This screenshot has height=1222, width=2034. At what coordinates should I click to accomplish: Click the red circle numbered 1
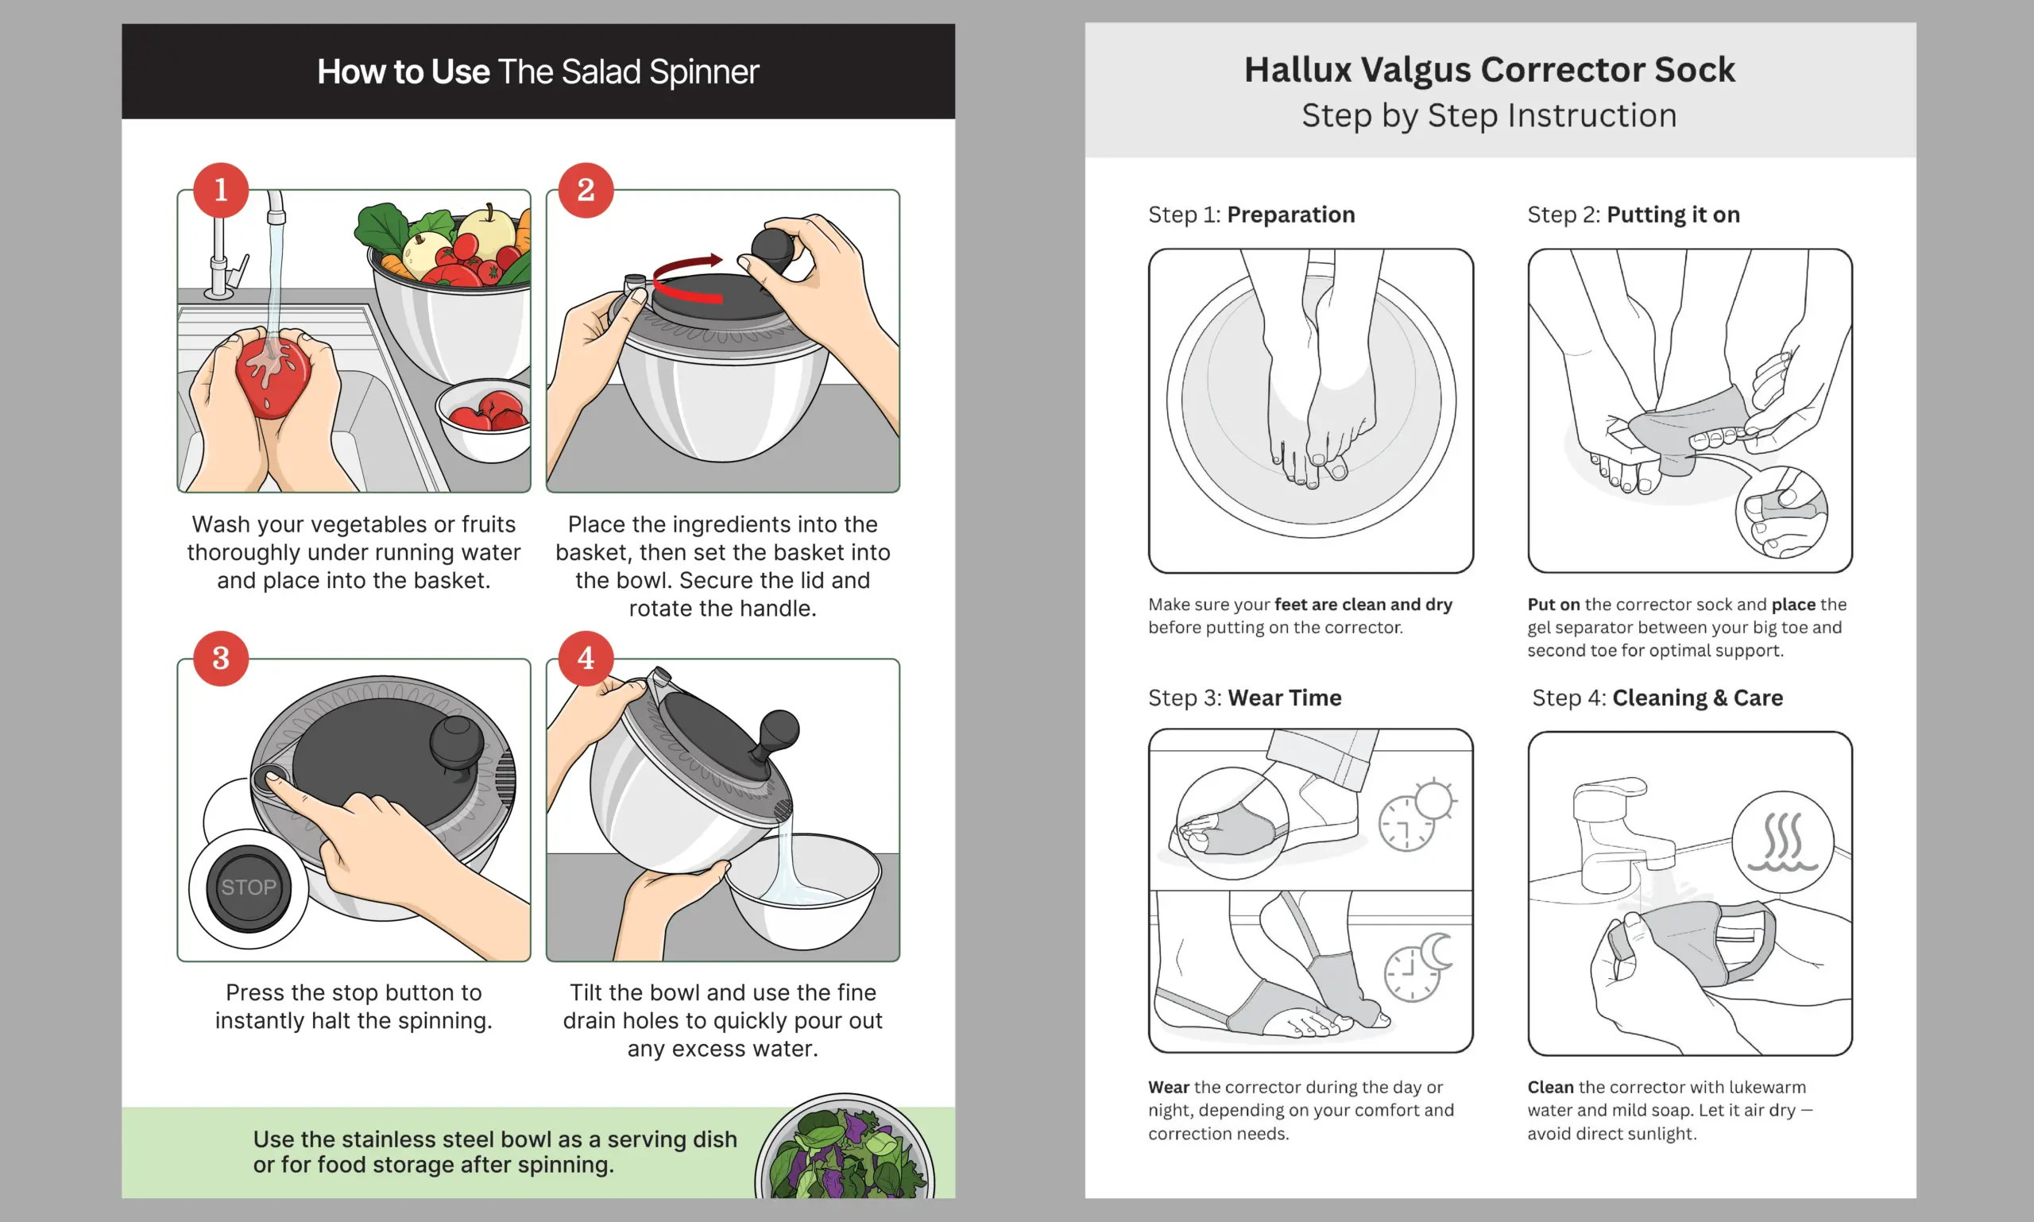coord(221,190)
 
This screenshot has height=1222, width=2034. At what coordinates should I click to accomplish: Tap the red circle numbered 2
coord(586,190)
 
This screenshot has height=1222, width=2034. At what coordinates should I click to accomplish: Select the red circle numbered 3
coord(221,658)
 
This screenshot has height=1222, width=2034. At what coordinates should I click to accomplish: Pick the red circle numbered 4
coord(586,658)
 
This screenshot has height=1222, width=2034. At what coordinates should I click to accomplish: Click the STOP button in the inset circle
coord(248,887)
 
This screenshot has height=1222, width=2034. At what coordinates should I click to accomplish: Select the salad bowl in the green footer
coord(845,1147)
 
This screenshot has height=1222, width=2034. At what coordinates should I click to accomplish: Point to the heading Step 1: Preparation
coord(1251,214)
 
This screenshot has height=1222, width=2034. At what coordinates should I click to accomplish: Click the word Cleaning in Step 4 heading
coord(1659,698)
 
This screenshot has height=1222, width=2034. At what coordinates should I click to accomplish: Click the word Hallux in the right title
coord(1297,69)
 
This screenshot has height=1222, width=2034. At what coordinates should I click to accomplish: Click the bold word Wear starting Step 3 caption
coord(1169,1087)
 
